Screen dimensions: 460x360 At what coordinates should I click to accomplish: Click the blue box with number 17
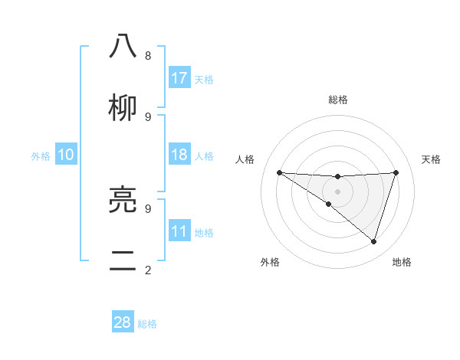point(179,78)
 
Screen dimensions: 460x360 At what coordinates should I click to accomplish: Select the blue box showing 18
point(179,155)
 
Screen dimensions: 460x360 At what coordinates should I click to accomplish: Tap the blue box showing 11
point(179,231)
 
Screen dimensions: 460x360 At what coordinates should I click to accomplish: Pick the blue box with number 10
point(66,155)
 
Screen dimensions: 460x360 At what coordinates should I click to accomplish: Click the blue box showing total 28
point(123,322)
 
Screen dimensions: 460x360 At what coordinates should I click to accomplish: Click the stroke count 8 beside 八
point(148,55)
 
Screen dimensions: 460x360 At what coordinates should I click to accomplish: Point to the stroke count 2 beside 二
point(148,270)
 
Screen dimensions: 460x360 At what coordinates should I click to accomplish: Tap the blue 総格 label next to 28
point(148,324)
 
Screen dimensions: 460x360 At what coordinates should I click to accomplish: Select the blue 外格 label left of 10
point(41,156)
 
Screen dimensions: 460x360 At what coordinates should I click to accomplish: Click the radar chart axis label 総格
point(338,100)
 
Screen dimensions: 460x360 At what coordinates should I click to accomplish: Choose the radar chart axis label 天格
point(432,159)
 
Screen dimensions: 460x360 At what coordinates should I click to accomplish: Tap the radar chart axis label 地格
point(402,262)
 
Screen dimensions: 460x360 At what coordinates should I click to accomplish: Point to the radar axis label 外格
point(270,262)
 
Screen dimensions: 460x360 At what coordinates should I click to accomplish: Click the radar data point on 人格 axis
point(279,172)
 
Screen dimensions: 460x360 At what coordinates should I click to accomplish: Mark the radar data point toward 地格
point(373,241)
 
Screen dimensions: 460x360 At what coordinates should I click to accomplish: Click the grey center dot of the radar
point(337,190)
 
